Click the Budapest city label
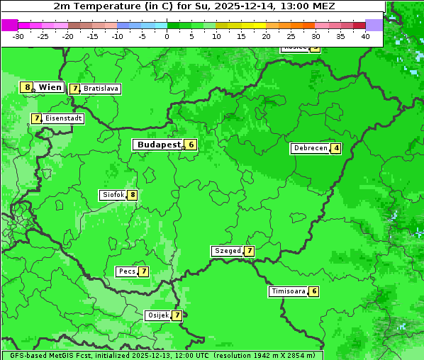pyautogui.click(x=158, y=145)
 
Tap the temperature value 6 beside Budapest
pyautogui.click(x=191, y=145)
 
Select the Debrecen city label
pyautogui.click(x=310, y=148)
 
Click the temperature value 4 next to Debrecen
pyautogui.click(x=336, y=149)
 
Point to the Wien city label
pyautogui.click(x=50, y=87)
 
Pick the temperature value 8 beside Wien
pyautogui.click(x=27, y=87)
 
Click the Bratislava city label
pyautogui.click(x=100, y=89)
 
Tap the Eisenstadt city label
pyautogui.click(x=63, y=118)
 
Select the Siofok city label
pyautogui.click(x=112, y=195)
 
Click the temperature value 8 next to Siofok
pyautogui.click(x=132, y=195)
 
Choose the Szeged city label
pyautogui.click(x=227, y=251)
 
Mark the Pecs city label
pyautogui.click(x=127, y=271)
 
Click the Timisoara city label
pyautogui.click(x=288, y=291)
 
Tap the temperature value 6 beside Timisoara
pyautogui.click(x=314, y=291)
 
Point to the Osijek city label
pyautogui.click(x=157, y=315)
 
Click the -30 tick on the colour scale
pyautogui.click(x=18, y=36)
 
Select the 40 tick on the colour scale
pyautogui.click(x=365, y=36)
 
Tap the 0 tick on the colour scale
pyautogui.click(x=167, y=36)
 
